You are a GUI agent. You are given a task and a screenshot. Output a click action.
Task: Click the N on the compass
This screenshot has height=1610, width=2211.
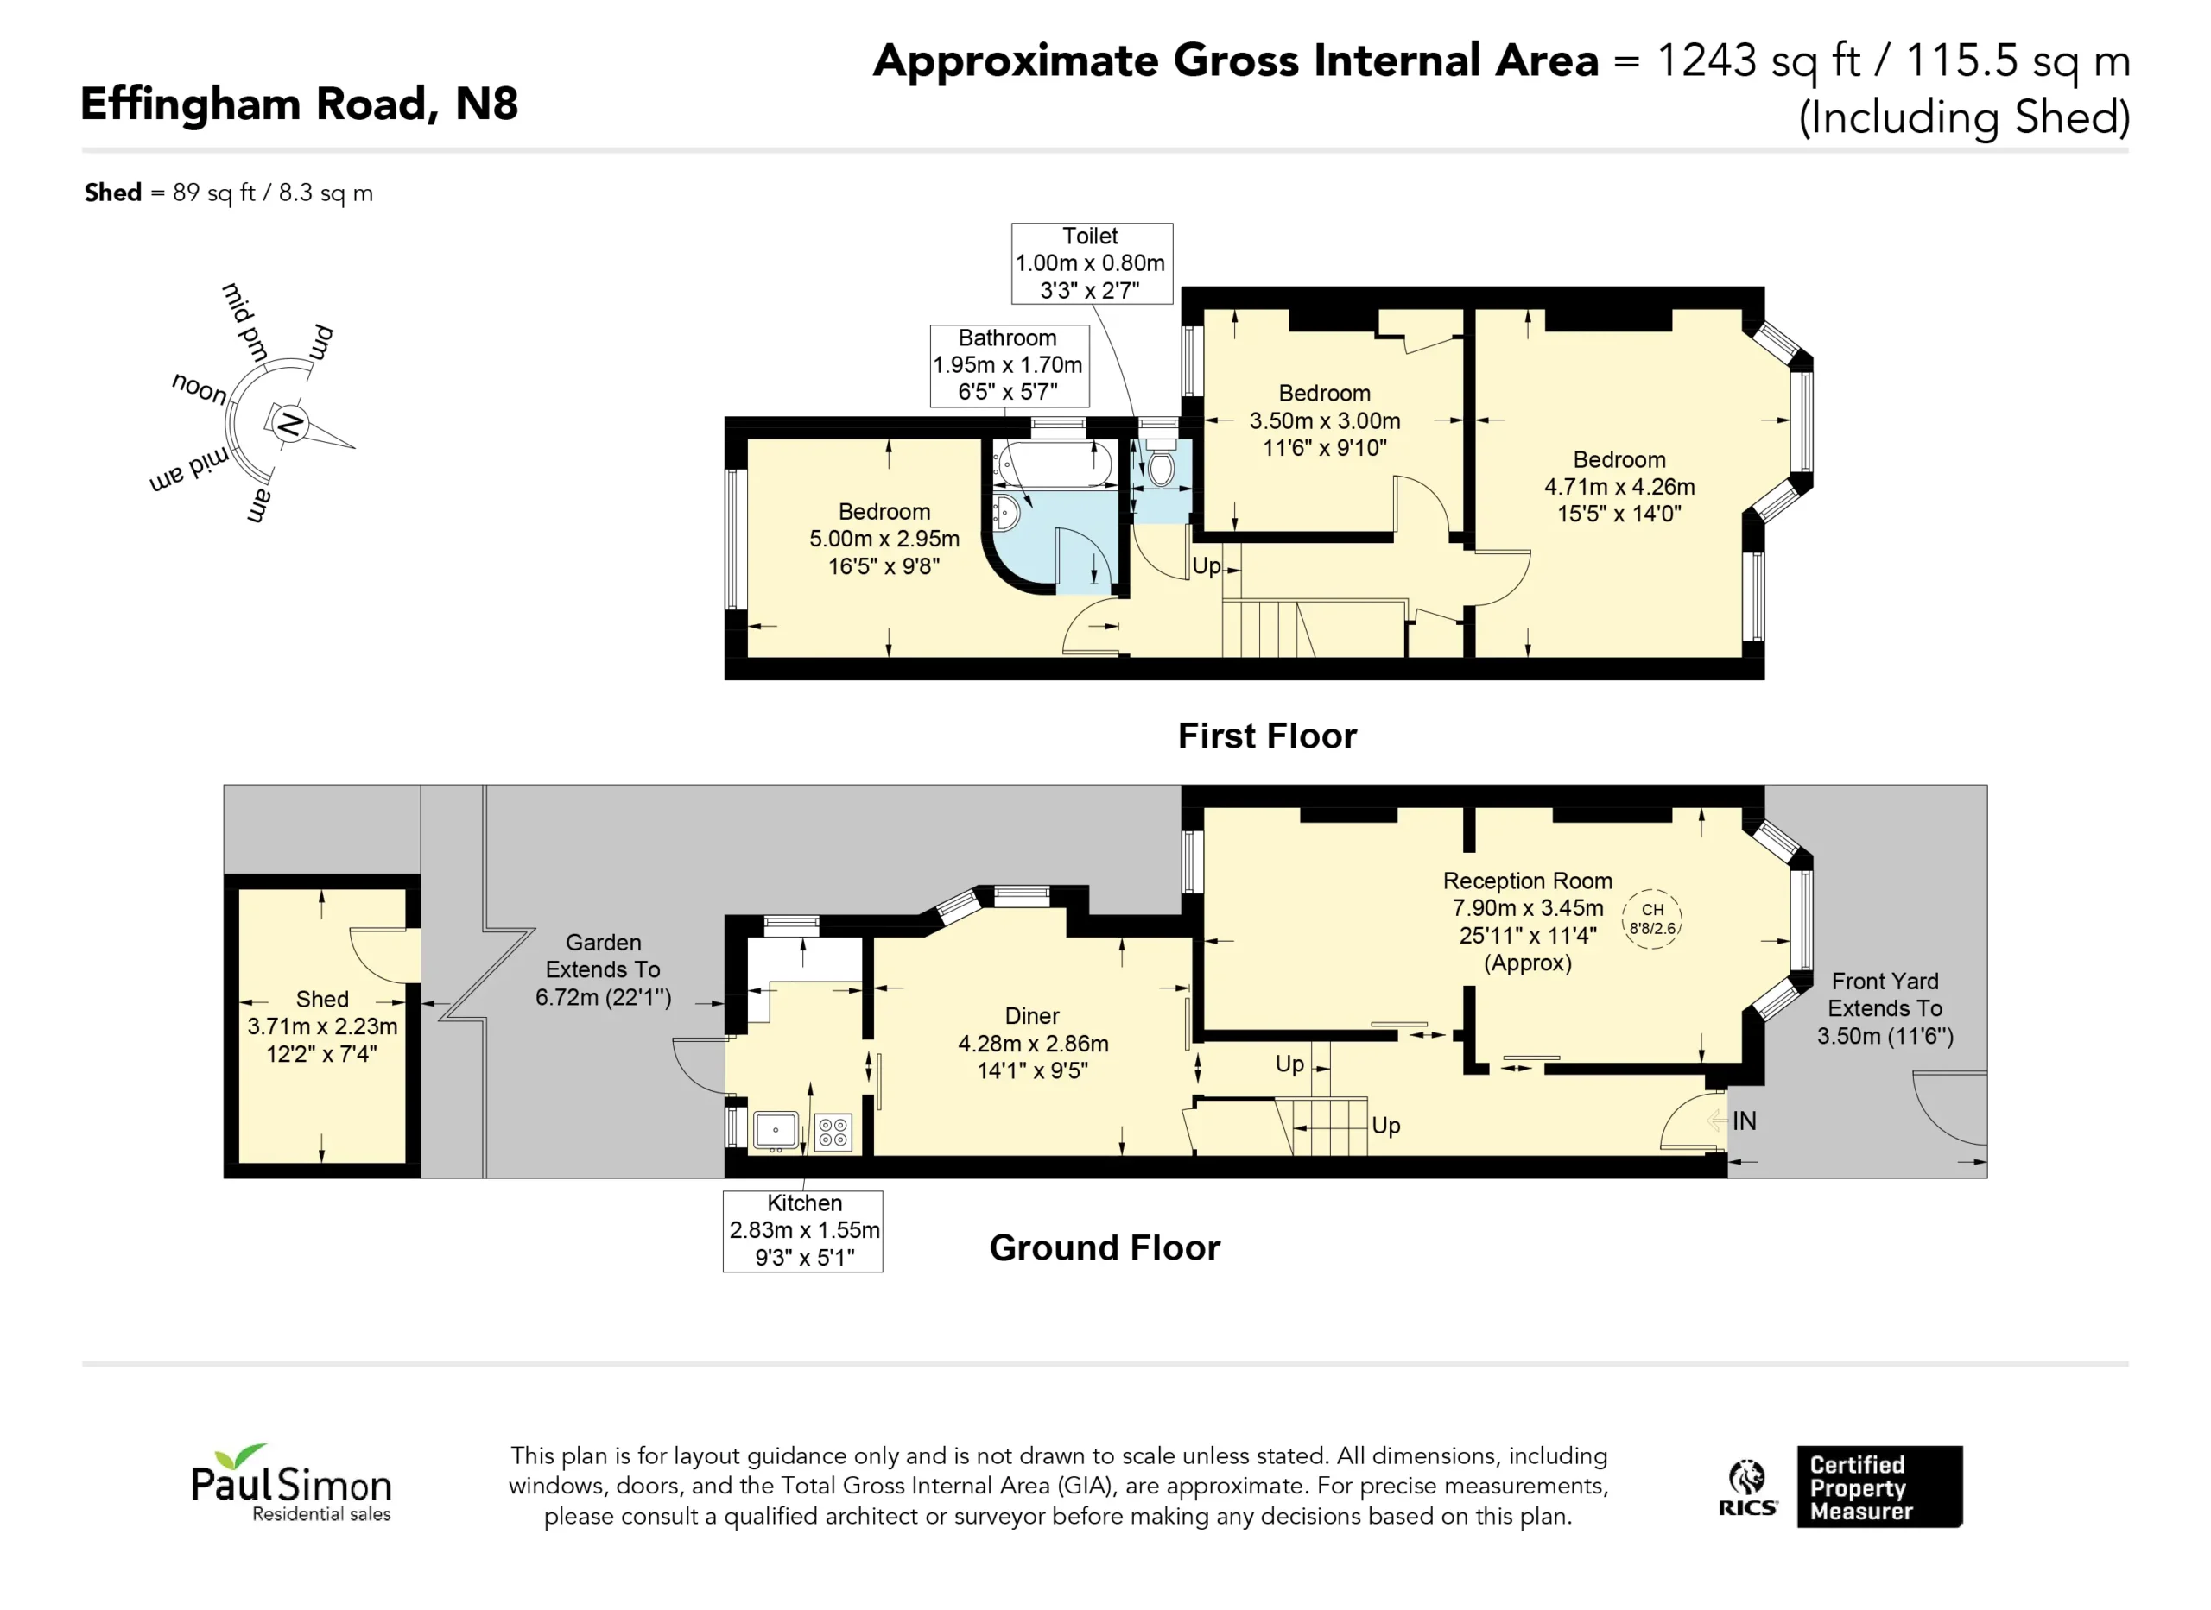(x=289, y=424)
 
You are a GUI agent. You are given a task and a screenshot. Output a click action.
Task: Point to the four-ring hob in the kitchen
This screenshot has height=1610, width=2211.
(x=833, y=1133)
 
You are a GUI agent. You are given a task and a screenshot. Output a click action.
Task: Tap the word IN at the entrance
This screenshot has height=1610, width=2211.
(x=1744, y=1121)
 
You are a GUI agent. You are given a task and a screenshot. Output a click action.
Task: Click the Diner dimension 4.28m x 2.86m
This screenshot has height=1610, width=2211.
(x=1032, y=1043)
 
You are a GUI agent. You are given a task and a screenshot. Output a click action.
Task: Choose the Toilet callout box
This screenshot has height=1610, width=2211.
(x=1092, y=263)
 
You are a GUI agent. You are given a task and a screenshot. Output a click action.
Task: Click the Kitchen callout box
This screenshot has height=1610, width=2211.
(x=803, y=1231)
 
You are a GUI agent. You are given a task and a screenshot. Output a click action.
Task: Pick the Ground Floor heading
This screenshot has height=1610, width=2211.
(x=1105, y=1247)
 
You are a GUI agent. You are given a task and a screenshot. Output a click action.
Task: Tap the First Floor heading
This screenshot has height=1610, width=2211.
(x=1266, y=736)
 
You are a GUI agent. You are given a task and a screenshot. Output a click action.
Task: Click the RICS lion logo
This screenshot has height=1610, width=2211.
(x=1747, y=1487)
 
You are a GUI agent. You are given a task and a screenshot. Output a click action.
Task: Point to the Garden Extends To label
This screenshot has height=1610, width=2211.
(x=603, y=969)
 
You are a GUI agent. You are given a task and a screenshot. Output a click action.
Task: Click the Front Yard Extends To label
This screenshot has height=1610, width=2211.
(x=1885, y=1007)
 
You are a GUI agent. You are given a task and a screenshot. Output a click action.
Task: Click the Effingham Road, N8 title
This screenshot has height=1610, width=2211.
(x=300, y=104)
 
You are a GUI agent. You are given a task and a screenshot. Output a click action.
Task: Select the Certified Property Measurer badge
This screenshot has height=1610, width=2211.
(x=1879, y=1487)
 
